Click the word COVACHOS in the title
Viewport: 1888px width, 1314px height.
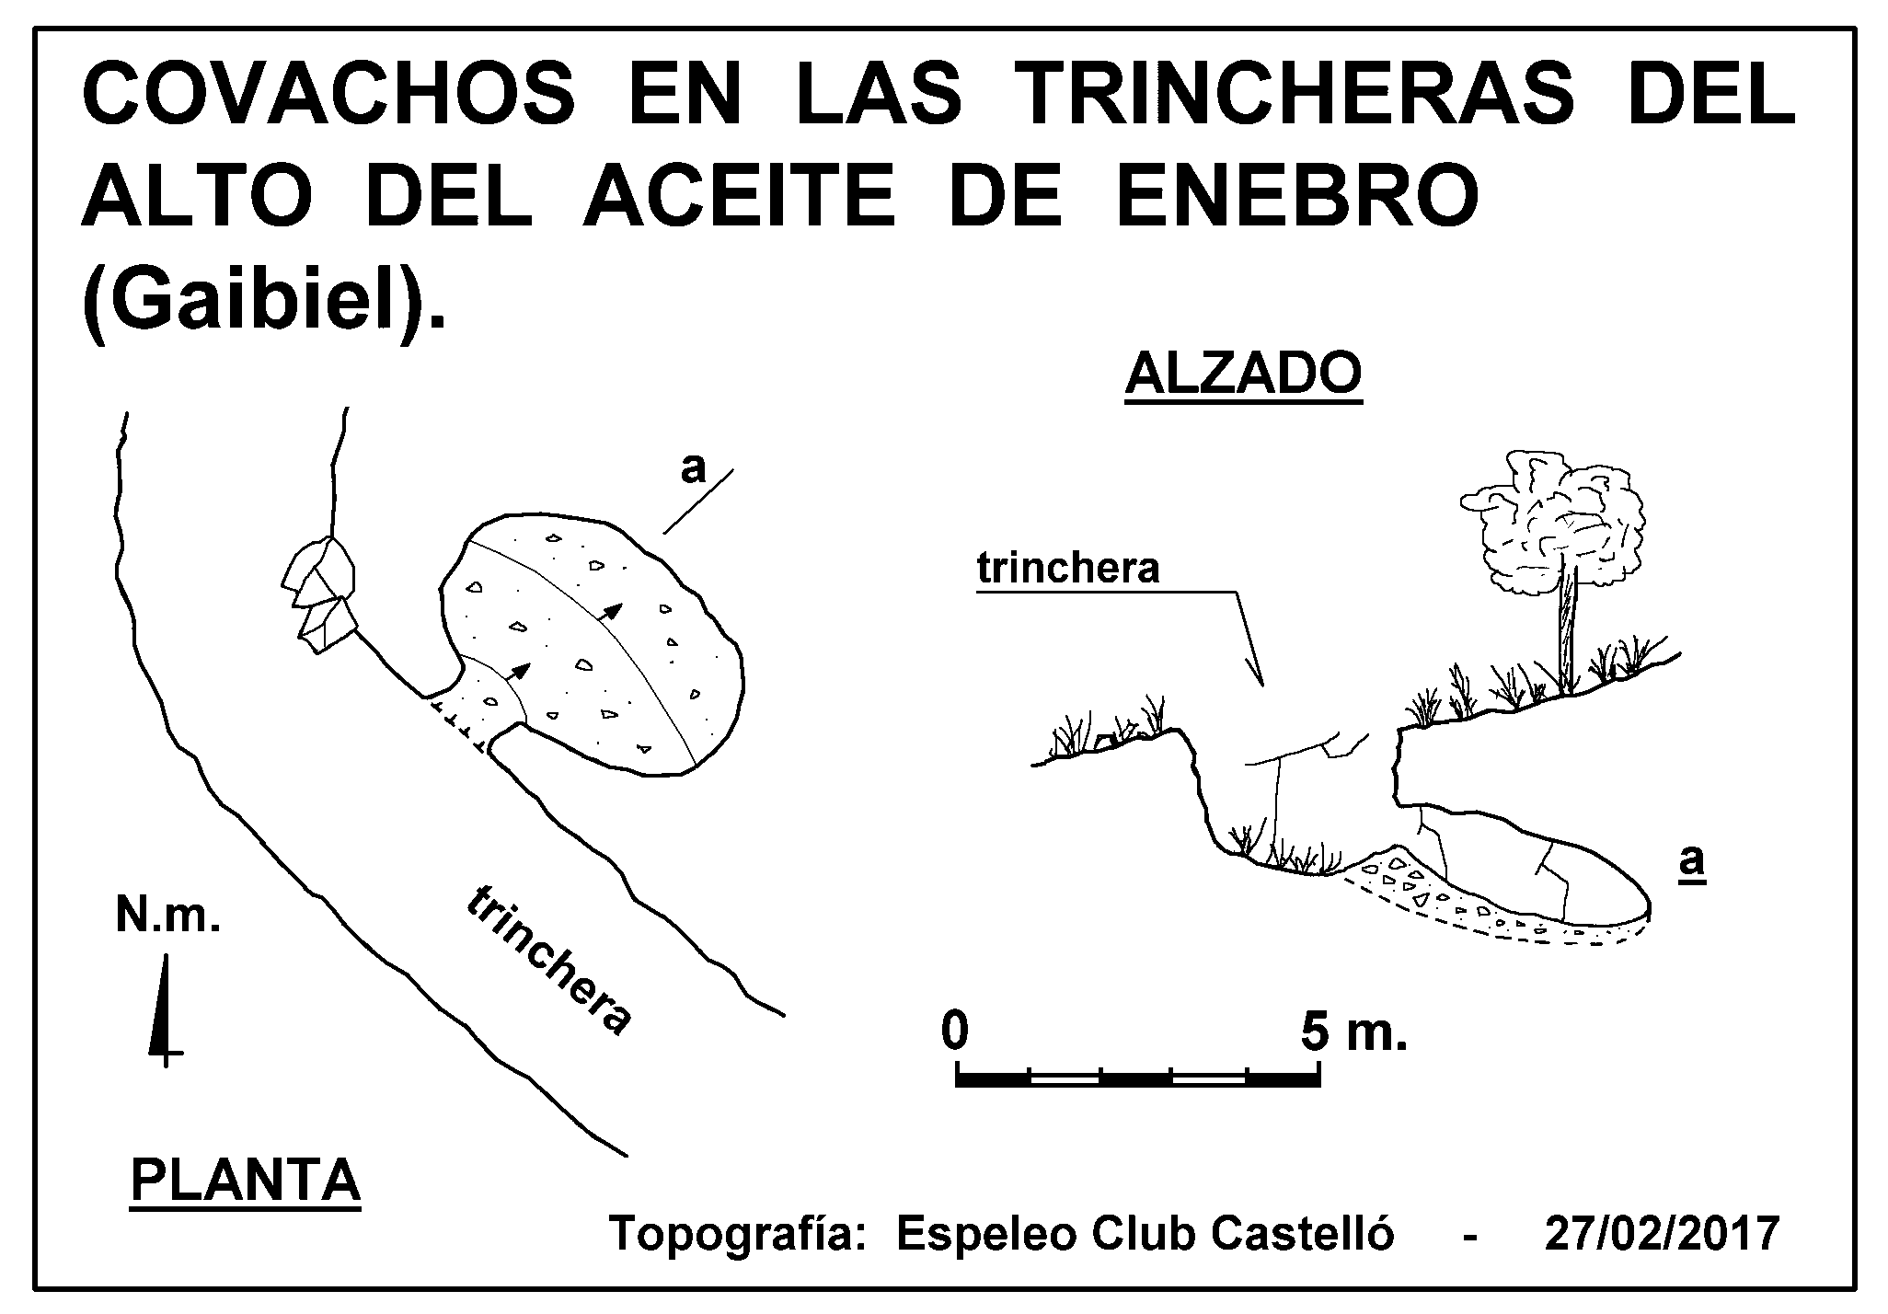[328, 96]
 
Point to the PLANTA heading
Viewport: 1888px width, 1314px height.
[246, 1181]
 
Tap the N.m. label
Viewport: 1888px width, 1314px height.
[168, 916]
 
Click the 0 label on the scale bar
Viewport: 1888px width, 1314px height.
[956, 1031]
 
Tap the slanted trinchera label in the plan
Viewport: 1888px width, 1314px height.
[550, 962]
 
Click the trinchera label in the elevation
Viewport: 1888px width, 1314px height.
[1068, 570]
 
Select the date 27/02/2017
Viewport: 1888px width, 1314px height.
[1662, 1234]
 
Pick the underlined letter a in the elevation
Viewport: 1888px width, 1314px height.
[1692, 862]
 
